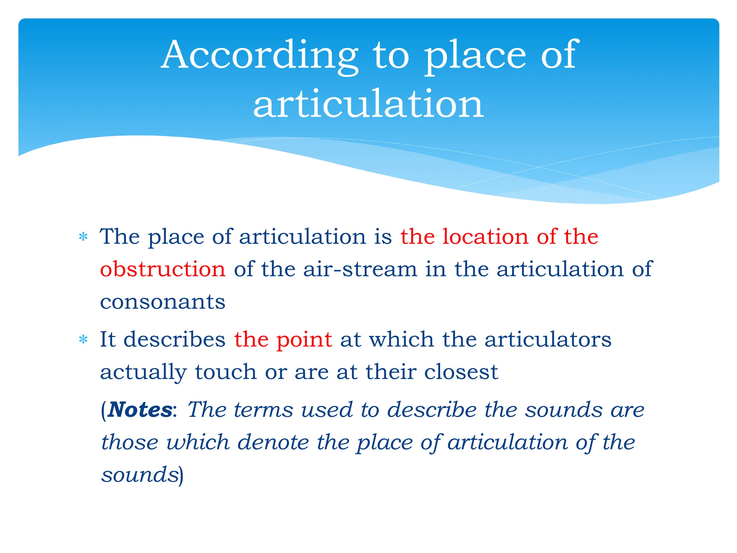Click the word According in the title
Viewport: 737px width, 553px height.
pos(259,56)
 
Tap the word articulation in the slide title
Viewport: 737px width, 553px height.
pos(368,104)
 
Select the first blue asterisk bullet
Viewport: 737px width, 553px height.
pos(83,237)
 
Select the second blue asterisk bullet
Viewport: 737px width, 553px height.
pos(83,340)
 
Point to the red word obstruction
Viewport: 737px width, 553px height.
pos(163,269)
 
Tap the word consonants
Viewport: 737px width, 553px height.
pos(163,302)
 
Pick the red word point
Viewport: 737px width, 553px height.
pos(304,340)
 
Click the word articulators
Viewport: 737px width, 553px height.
pos(548,340)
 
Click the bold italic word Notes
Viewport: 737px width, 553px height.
pos(140,410)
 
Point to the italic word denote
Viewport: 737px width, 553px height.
pos(273,442)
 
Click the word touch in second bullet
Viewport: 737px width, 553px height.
pos(226,372)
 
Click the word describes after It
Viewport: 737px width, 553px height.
pos(174,340)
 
